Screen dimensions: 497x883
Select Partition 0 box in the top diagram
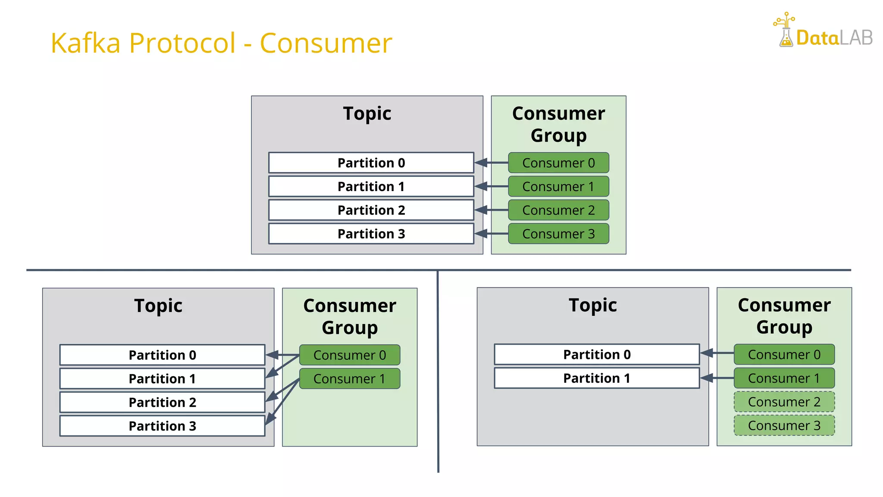point(371,163)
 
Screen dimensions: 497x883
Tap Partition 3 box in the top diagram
point(371,233)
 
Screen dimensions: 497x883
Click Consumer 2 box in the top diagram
point(558,210)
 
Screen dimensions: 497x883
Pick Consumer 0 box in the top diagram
point(558,163)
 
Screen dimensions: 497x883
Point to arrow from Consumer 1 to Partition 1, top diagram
point(492,186)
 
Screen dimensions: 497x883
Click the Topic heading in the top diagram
point(367,113)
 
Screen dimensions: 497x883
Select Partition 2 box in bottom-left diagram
point(162,402)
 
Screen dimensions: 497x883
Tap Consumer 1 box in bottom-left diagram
point(349,378)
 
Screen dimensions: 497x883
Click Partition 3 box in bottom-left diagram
point(162,426)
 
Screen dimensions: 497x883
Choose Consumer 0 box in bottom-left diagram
point(349,355)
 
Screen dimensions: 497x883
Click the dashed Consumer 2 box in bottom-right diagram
point(784,402)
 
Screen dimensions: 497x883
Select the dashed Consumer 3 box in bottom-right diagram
point(784,425)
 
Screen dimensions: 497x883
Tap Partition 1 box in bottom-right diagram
point(597,378)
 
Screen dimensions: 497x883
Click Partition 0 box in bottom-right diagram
point(597,354)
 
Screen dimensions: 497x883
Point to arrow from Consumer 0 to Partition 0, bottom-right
point(717,353)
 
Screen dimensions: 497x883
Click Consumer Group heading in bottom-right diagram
point(784,316)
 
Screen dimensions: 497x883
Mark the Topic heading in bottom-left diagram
point(158,305)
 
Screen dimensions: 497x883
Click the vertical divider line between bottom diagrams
point(438,371)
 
